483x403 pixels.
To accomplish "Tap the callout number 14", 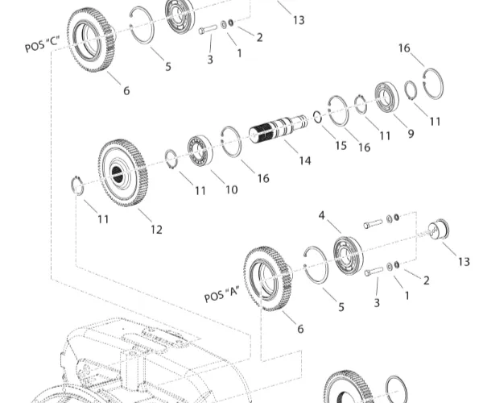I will click(304, 160).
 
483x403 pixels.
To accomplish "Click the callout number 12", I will click(156, 230).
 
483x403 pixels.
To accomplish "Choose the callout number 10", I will click(231, 189).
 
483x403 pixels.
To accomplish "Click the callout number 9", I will click(410, 134).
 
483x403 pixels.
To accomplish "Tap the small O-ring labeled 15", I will click(318, 117).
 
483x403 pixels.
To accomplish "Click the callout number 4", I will click(322, 215).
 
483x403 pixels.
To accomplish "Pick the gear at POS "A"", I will click(266, 279).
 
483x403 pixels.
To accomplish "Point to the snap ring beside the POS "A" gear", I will click(316, 265).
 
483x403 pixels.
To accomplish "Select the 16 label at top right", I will click(405, 48).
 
